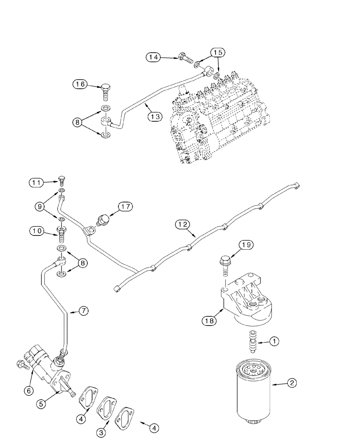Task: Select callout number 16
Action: click(x=81, y=84)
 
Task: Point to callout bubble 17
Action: click(x=125, y=206)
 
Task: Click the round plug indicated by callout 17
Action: click(x=104, y=219)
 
